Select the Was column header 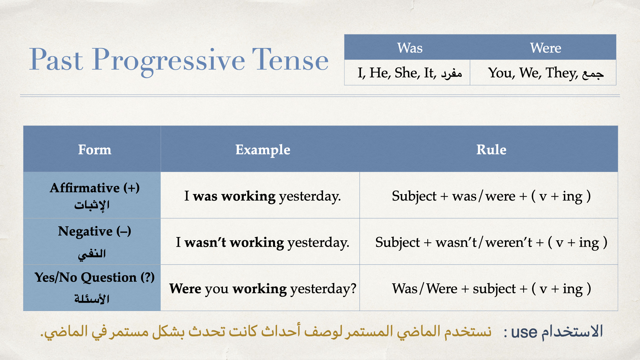tap(410, 48)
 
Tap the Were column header tap(545, 48)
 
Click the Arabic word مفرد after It tap(452, 73)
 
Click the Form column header tap(95, 150)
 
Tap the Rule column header tap(491, 150)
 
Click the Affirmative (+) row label tap(95, 188)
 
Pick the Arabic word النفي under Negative tap(92, 254)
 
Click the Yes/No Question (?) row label tap(95, 277)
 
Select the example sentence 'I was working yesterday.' tap(263, 196)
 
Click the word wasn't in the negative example tap(205, 242)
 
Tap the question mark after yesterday tap(353, 288)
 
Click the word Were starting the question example tap(185, 288)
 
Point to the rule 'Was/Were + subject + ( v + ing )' tap(491, 289)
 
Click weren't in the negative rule tap(509, 242)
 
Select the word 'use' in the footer tap(524, 332)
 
